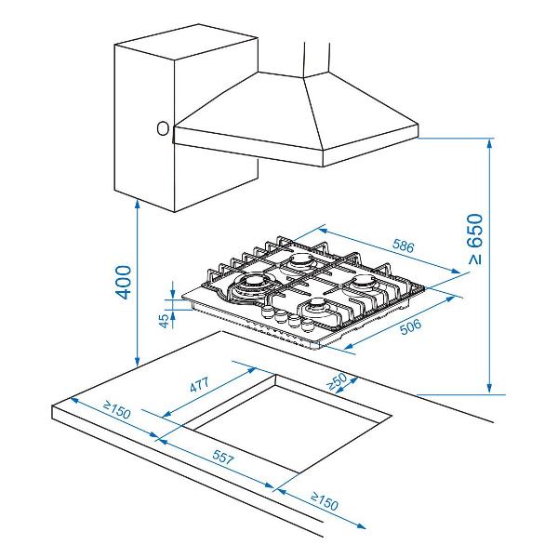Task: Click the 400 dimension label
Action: pyautogui.click(x=124, y=282)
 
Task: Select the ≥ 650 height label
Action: pyautogui.click(x=475, y=239)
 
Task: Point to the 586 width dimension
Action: pyautogui.click(x=404, y=246)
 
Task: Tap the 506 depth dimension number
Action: pyautogui.click(x=410, y=326)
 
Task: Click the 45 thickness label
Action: pyautogui.click(x=164, y=321)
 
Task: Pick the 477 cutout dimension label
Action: pyautogui.click(x=199, y=384)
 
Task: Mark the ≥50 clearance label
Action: pyautogui.click(x=337, y=381)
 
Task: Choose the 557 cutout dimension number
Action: pyautogui.click(x=223, y=457)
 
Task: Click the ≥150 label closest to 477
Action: pyautogui.click(x=117, y=409)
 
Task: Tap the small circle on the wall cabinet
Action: pyautogui.click(x=163, y=128)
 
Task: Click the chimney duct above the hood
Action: pyautogui.click(x=317, y=60)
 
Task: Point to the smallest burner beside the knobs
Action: pyautogui.click(x=316, y=305)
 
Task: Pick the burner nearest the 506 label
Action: pyautogui.click(x=363, y=284)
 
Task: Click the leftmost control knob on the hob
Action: pyautogui.click(x=267, y=311)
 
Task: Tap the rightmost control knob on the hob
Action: pyautogui.click(x=307, y=325)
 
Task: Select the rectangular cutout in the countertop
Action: pyautogui.click(x=286, y=424)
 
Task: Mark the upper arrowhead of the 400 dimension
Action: pyautogui.click(x=138, y=204)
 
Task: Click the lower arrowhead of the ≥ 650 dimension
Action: pyautogui.click(x=490, y=388)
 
